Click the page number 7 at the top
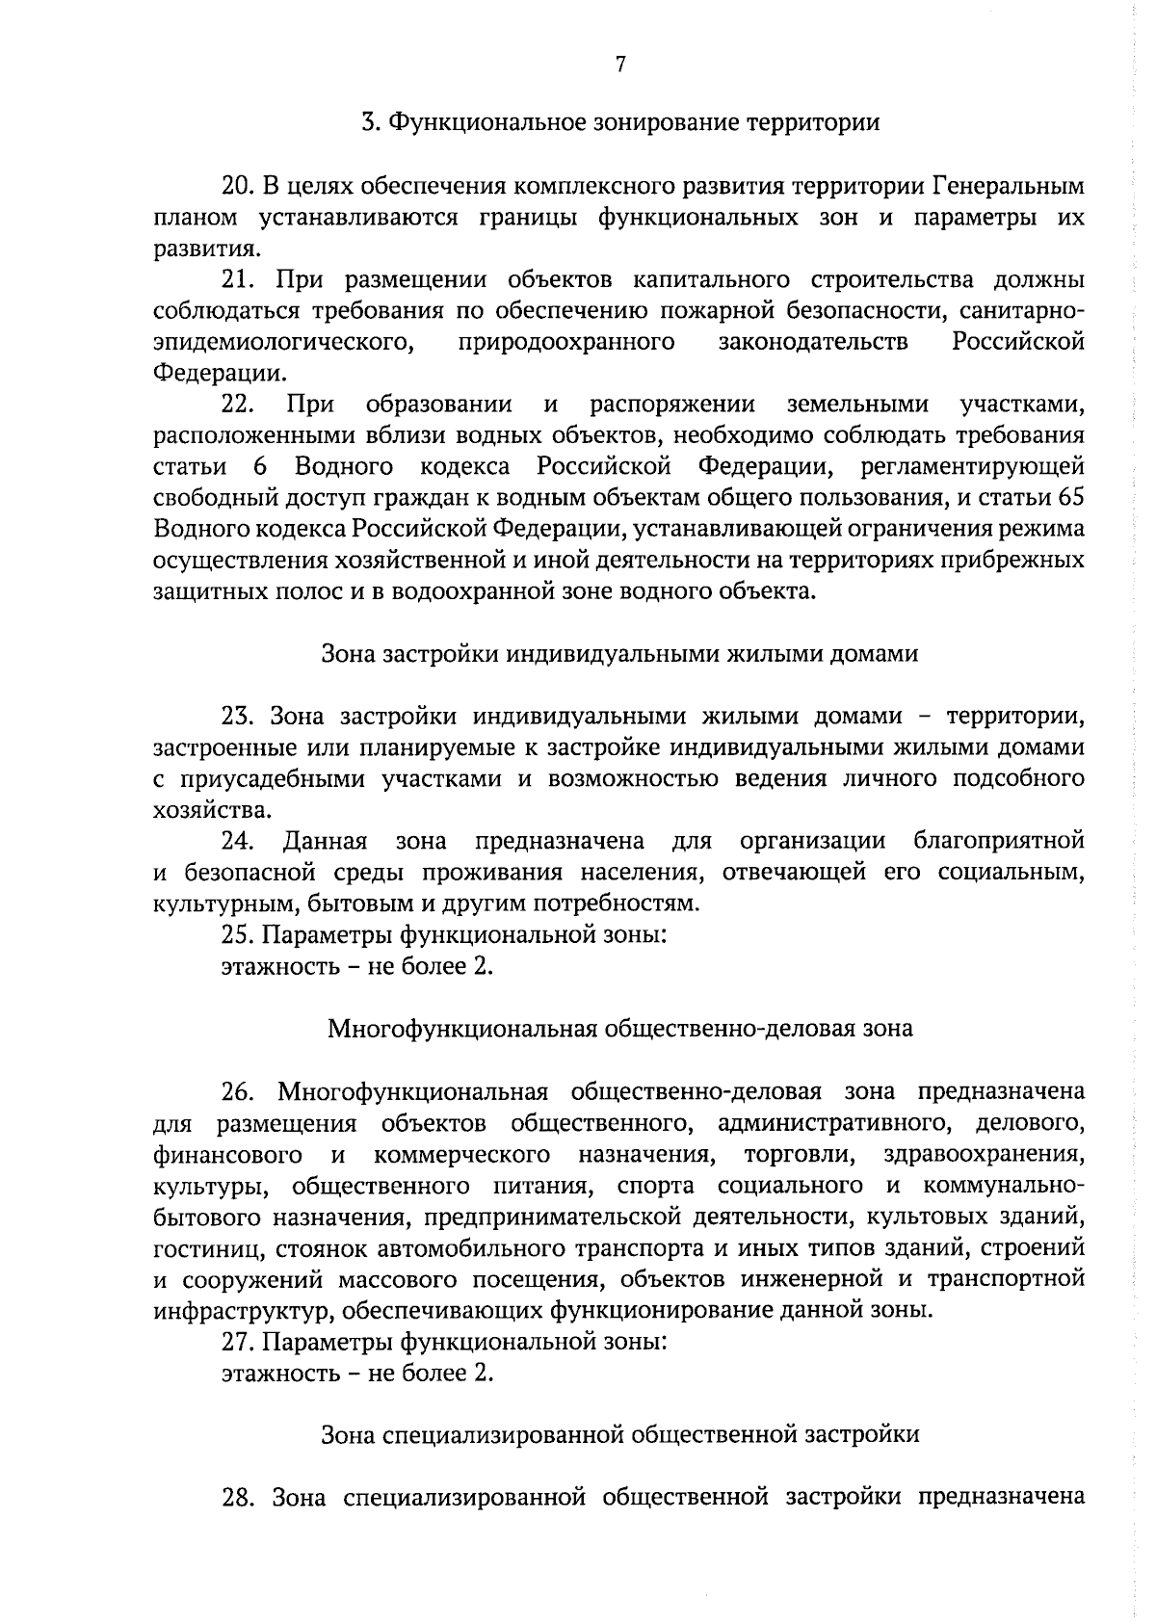(620, 65)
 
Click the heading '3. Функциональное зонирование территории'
(620, 123)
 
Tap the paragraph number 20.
(237, 186)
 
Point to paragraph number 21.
(237, 280)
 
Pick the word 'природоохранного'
(566, 342)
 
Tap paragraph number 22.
(237, 405)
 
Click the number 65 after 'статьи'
(1070, 498)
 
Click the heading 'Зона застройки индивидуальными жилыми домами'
(619, 654)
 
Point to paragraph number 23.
(237, 717)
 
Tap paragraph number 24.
(237, 841)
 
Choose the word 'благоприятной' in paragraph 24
(999, 841)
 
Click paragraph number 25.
(237, 934)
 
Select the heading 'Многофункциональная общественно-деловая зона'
(620, 1029)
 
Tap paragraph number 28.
(237, 1498)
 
